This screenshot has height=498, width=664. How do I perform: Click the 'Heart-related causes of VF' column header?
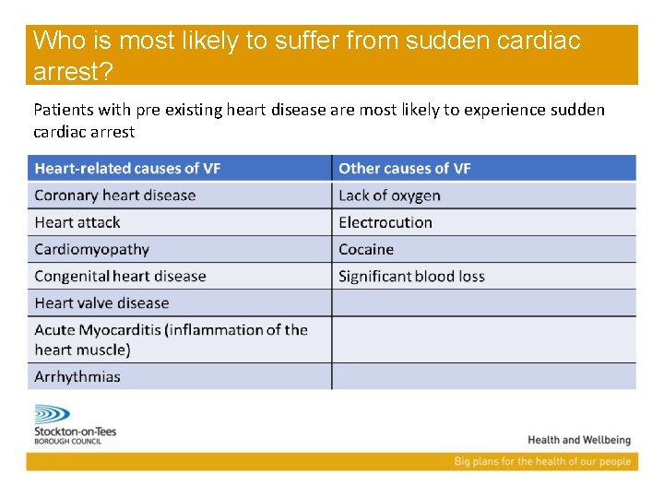(127, 168)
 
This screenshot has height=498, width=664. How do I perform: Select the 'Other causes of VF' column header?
(405, 168)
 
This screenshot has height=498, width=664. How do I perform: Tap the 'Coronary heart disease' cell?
(115, 195)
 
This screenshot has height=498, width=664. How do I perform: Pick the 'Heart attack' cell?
(77, 222)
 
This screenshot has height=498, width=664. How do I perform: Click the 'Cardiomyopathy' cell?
(91, 249)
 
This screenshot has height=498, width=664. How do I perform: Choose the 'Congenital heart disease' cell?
(120, 276)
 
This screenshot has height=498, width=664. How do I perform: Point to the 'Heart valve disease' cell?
(101, 302)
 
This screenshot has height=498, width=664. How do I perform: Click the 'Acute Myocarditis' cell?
(171, 338)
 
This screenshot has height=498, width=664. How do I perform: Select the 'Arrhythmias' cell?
(77, 376)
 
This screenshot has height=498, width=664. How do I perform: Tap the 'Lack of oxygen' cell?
(389, 195)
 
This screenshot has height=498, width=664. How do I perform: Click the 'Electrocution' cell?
(385, 222)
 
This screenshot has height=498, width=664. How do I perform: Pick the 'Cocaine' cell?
(366, 249)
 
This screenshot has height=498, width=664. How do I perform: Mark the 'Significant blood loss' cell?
(411, 276)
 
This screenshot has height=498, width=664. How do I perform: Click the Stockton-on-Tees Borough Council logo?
(72, 424)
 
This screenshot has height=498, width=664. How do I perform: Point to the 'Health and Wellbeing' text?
(579, 440)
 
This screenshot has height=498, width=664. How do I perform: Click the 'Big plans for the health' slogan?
(542, 461)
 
